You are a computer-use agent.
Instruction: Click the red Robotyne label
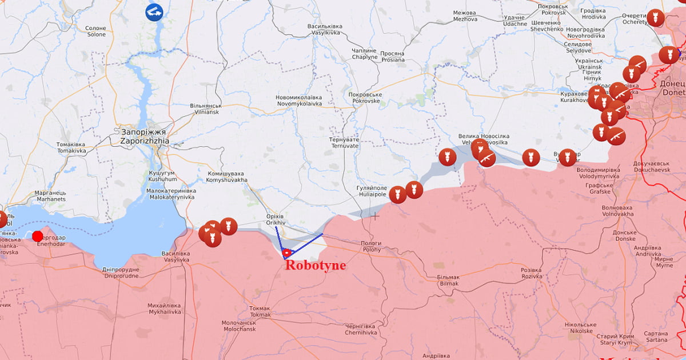point(315,265)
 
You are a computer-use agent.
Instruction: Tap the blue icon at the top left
point(154,12)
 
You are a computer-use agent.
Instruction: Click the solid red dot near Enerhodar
point(38,236)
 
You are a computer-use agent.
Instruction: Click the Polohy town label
point(370,246)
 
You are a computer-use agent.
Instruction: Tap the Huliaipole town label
point(372,191)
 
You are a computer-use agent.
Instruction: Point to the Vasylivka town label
point(176,257)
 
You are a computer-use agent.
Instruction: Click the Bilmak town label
point(448,280)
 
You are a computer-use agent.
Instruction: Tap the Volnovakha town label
point(617,211)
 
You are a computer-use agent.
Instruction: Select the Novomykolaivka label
point(298,101)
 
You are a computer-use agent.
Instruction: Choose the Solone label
point(95,31)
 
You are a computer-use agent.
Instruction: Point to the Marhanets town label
point(51,196)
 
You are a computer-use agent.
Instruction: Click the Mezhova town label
point(464,16)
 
